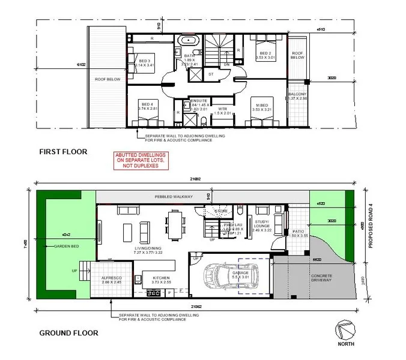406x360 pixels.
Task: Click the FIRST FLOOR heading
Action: pos(64,152)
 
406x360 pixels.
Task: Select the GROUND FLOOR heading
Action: pos(69,332)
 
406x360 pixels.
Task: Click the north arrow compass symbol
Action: pos(346,329)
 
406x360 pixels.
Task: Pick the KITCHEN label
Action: pos(162,278)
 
